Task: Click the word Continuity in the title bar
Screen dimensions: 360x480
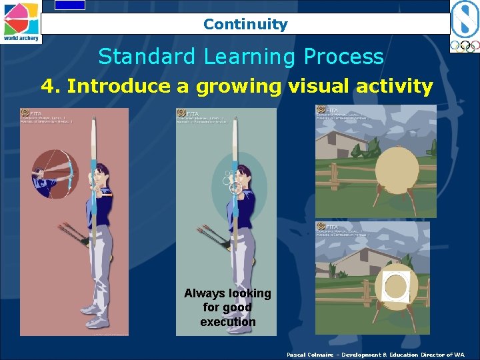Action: tap(245, 25)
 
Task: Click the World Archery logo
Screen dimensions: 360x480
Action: tap(21, 21)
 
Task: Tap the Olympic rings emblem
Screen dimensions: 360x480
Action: tap(464, 46)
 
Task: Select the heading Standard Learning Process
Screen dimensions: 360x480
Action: tap(241, 57)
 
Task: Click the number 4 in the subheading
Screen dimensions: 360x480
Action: tap(47, 86)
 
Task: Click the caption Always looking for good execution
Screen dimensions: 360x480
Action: tap(228, 307)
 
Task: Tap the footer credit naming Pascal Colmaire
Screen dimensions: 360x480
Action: tap(375, 355)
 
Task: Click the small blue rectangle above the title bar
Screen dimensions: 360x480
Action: tap(70, 5)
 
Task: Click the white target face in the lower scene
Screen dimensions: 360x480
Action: tap(396, 286)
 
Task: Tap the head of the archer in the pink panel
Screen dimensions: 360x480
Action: tap(101, 177)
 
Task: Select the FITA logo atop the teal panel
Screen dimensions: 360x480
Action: tap(181, 113)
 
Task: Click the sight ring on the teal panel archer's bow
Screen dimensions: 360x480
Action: tap(235, 189)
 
